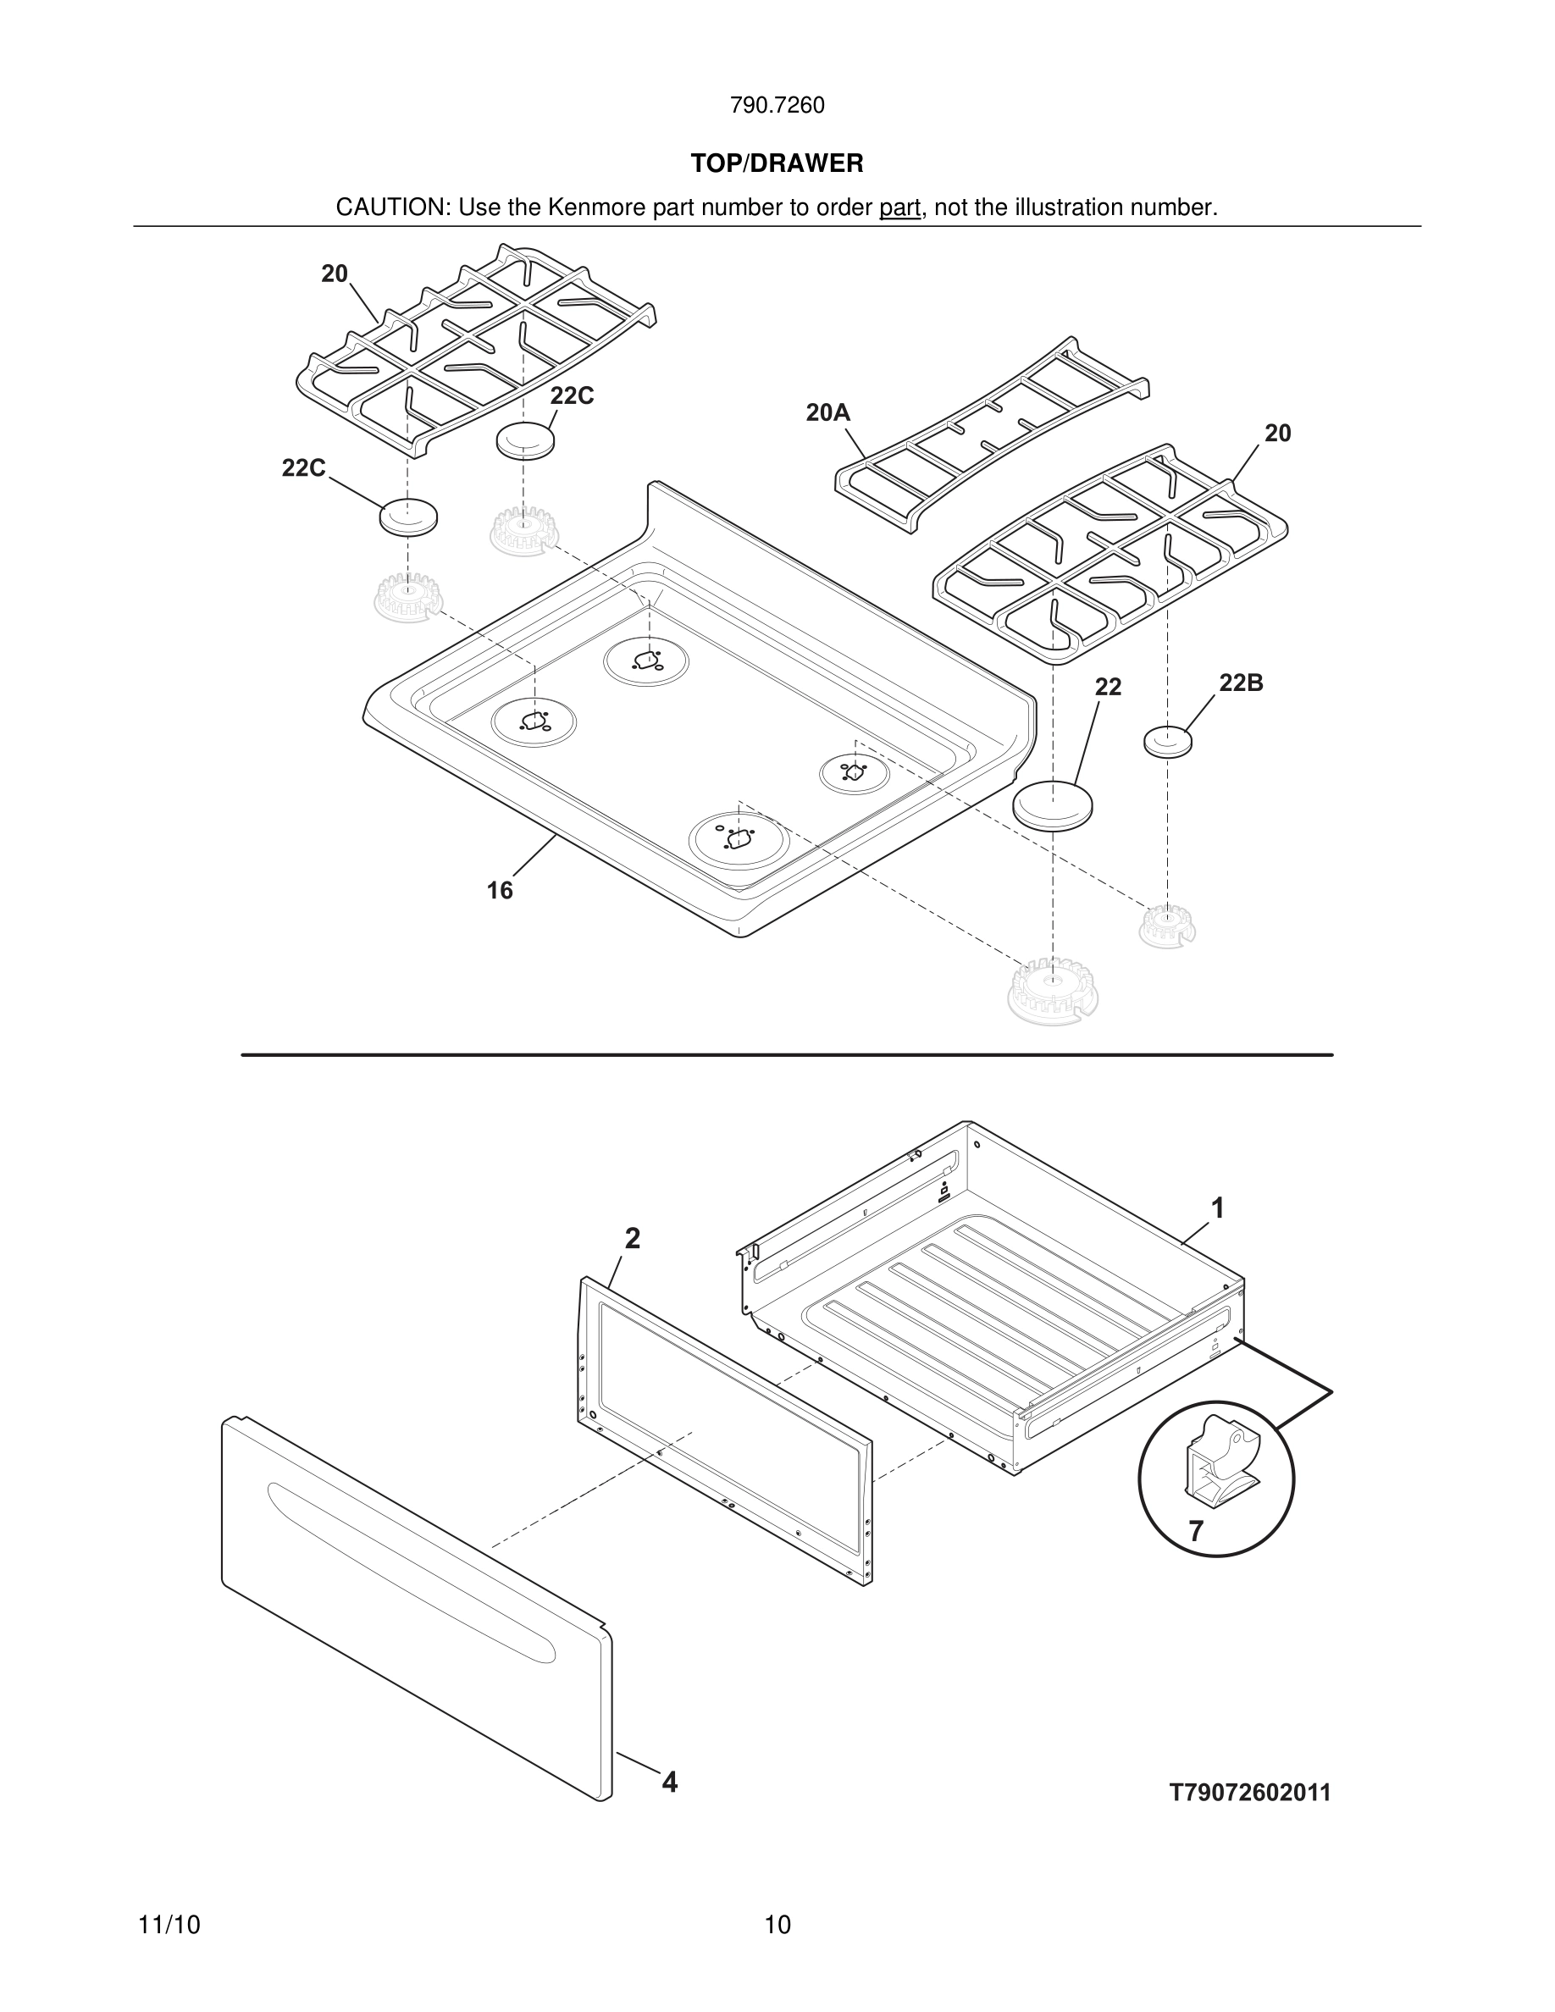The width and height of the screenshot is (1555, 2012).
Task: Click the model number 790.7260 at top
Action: pos(777,106)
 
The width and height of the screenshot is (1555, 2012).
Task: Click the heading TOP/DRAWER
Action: pos(777,164)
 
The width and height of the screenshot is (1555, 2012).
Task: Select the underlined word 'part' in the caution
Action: pos(899,208)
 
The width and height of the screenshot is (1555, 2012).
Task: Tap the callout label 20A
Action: pos(827,412)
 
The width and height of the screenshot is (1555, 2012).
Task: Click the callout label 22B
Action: pos(1240,683)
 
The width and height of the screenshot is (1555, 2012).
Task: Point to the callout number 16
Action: pos(500,890)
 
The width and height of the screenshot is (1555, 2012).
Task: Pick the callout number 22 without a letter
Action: pos(1107,688)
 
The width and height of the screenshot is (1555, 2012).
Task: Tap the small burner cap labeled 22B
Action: pos(1167,741)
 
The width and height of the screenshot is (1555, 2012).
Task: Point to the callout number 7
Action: pos(1196,1532)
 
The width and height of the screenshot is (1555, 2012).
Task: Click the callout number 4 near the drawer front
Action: pos(670,1783)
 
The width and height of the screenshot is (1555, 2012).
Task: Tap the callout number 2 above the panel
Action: pos(632,1239)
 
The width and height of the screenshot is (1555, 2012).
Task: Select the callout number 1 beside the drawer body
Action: pos(1217,1208)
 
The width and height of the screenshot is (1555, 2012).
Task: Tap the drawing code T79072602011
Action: pos(1250,1793)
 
